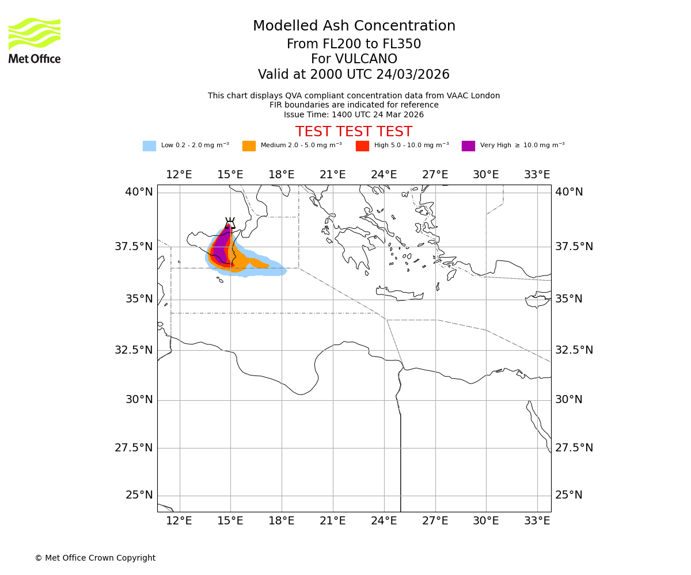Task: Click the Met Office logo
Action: point(35,40)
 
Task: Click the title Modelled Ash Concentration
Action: point(354,26)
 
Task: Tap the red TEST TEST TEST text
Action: point(354,132)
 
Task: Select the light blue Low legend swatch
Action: point(149,146)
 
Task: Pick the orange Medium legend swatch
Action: point(249,146)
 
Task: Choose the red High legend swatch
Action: point(362,146)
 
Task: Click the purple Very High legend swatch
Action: point(468,146)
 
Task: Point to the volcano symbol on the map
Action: point(230,223)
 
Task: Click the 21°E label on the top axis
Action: point(333,175)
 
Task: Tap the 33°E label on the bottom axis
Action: point(537,521)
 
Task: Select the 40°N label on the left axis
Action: point(139,192)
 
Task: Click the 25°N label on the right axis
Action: point(569,495)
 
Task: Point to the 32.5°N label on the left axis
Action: point(134,350)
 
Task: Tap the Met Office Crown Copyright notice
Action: point(95,558)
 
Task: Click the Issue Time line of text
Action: point(354,114)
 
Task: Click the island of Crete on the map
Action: point(400,295)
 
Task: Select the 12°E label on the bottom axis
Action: point(179,521)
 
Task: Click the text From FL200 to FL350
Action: point(354,44)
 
